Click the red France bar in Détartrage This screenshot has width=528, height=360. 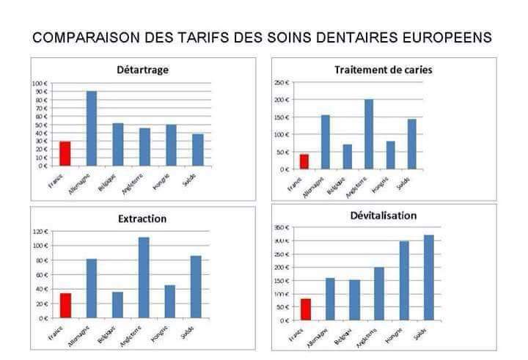(x=65, y=153)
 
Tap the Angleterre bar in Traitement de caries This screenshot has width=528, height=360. (x=369, y=134)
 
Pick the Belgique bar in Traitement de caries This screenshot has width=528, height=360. (x=347, y=156)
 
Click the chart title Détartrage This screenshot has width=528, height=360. (x=142, y=70)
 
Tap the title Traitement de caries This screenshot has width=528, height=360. (x=382, y=70)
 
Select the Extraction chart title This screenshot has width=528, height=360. (x=142, y=218)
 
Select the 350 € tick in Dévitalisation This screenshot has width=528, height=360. (x=280, y=227)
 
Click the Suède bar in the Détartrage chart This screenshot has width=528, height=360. (x=197, y=150)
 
